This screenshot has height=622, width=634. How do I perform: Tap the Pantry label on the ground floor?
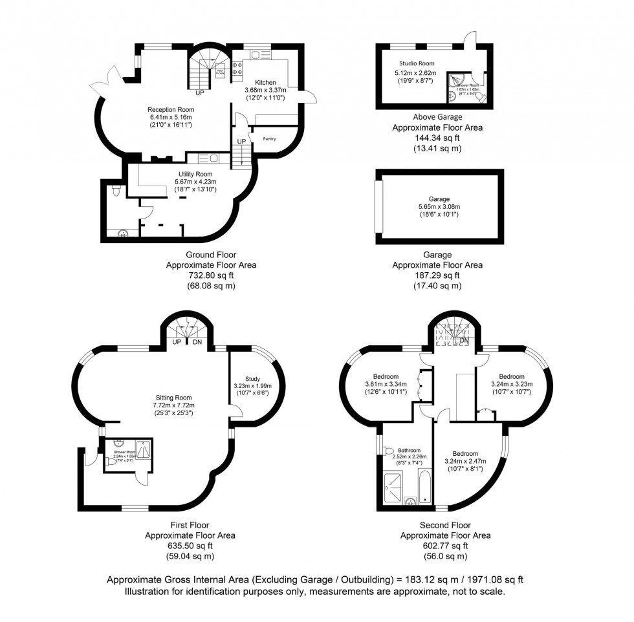[x=269, y=138]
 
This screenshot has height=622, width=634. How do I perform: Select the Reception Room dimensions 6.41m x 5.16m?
[x=169, y=117]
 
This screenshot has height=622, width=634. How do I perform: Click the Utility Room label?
[x=195, y=174]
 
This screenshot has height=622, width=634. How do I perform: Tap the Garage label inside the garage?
[x=439, y=199]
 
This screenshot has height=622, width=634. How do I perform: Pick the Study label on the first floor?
[x=252, y=379]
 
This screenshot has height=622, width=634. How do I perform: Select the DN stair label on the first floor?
[x=197, y=342]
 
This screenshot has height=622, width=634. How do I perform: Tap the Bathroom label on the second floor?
[x=409, y=451]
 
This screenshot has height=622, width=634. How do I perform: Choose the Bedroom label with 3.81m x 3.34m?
[x=386, y=376]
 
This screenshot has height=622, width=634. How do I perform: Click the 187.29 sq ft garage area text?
[x=437, y=275]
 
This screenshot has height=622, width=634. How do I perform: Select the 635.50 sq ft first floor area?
[x=190, y=545]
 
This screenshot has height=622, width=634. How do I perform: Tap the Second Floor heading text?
[x=445, y=526]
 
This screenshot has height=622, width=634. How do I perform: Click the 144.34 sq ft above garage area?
[x=437, y=138]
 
